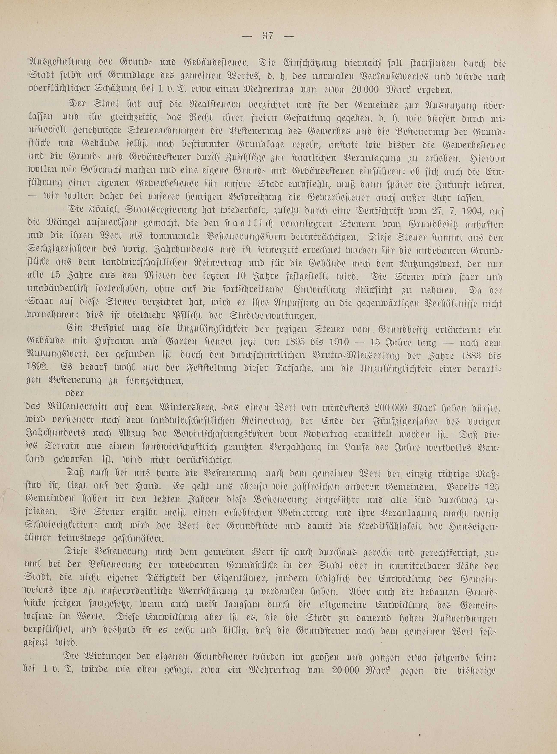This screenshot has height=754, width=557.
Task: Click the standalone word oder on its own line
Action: [x=75, y=393]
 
